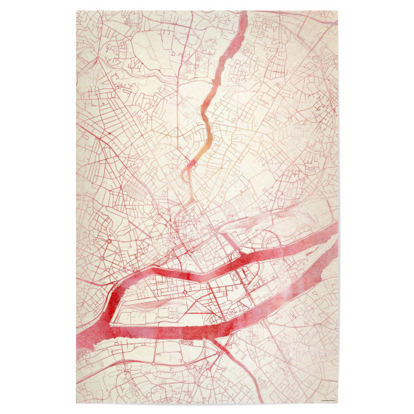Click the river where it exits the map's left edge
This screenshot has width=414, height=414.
(x=79, y=342)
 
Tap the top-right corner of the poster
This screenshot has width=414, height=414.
(x=337, y=11)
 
